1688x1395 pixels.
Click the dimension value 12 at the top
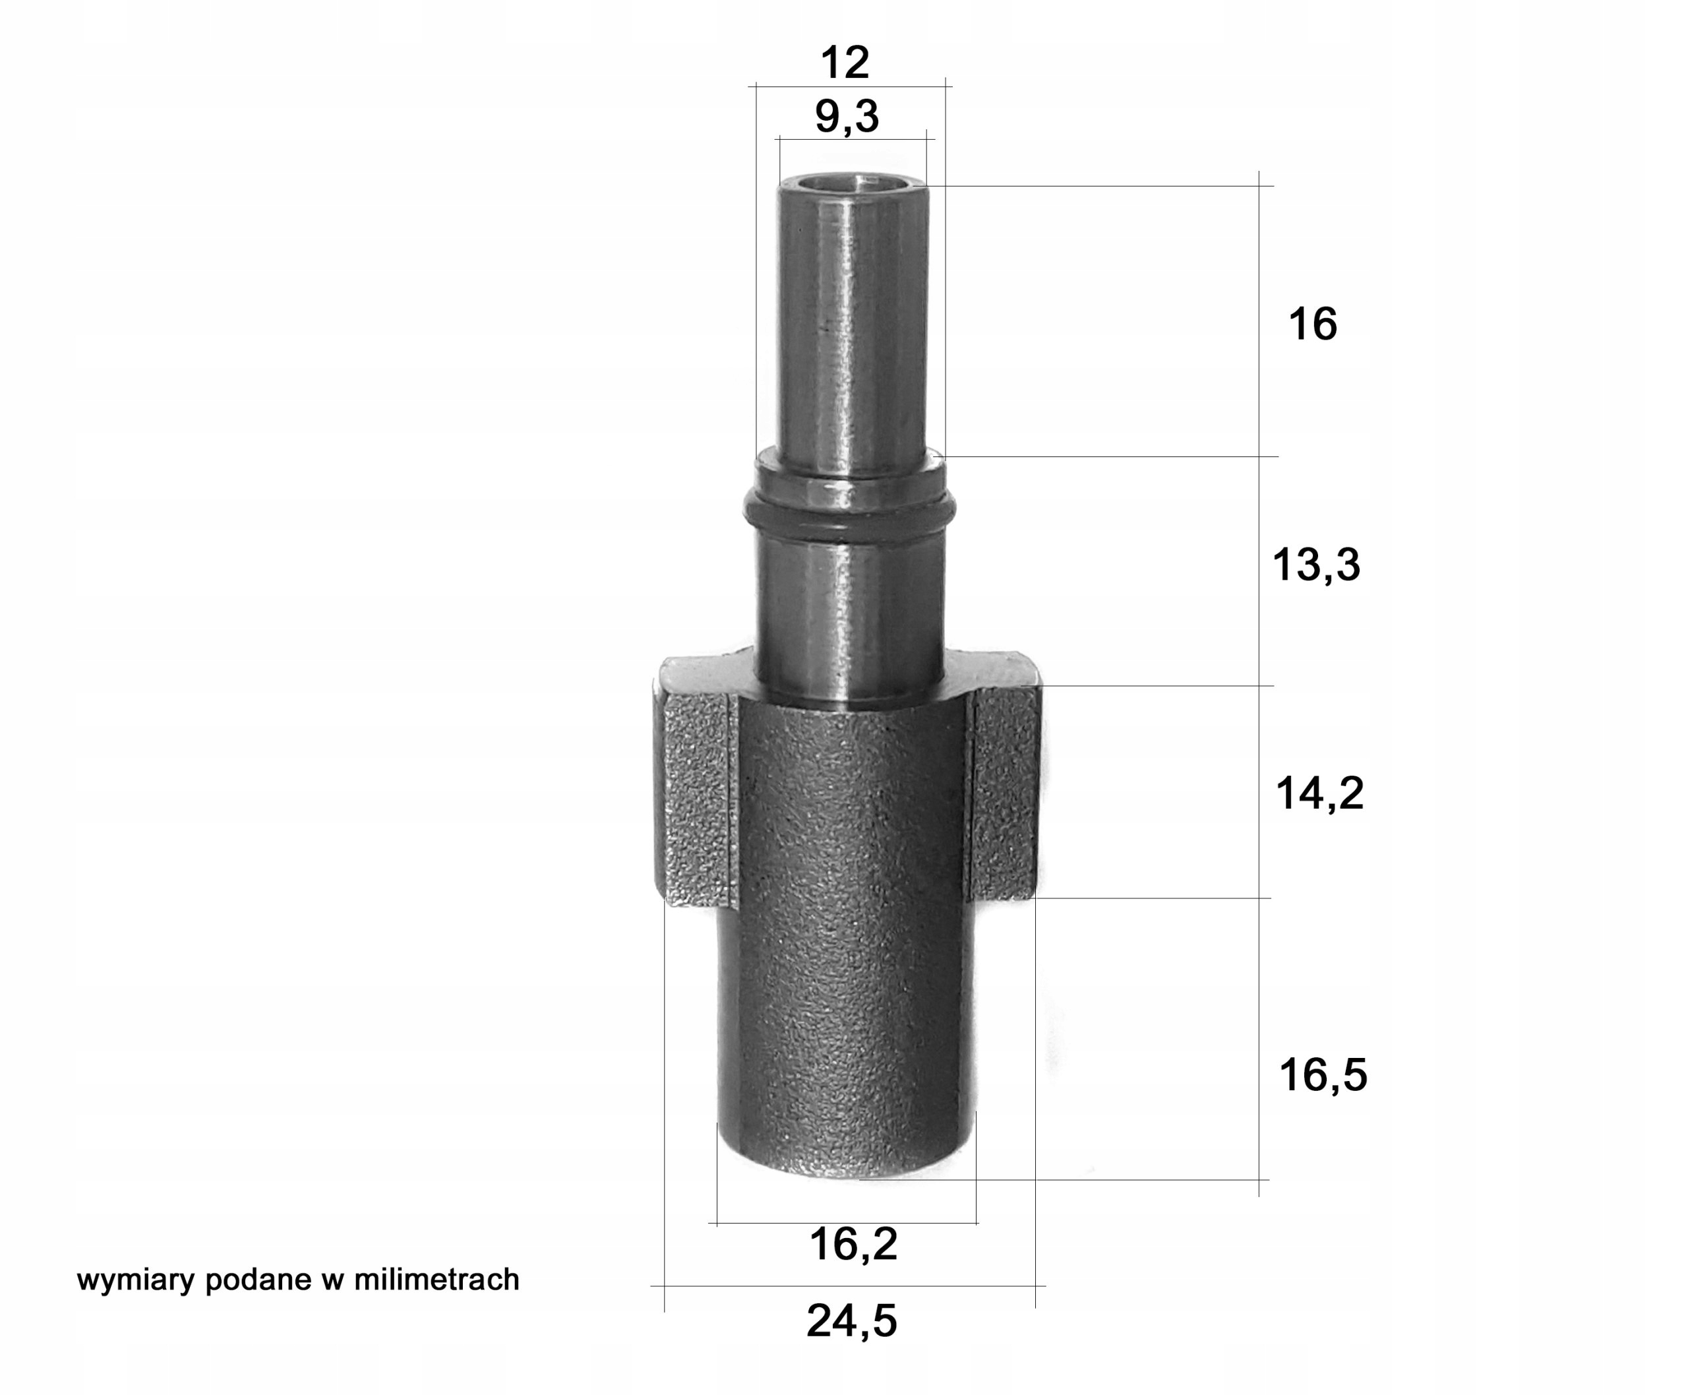click(x=845, y=63)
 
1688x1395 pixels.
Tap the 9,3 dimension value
click(x=847, y=117)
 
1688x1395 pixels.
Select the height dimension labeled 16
click(x=1312, y=324)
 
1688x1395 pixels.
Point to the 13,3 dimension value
click(x=1316, y=564)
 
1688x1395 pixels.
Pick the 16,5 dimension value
click(x=1323, y=1074)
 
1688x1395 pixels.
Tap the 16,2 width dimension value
click(x=853, y=1244)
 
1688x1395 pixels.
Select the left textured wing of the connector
click(x=696, y=799)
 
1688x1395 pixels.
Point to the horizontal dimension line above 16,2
click(x=843, y=1223)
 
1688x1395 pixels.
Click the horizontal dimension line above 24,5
click(x=847, y=1286)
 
